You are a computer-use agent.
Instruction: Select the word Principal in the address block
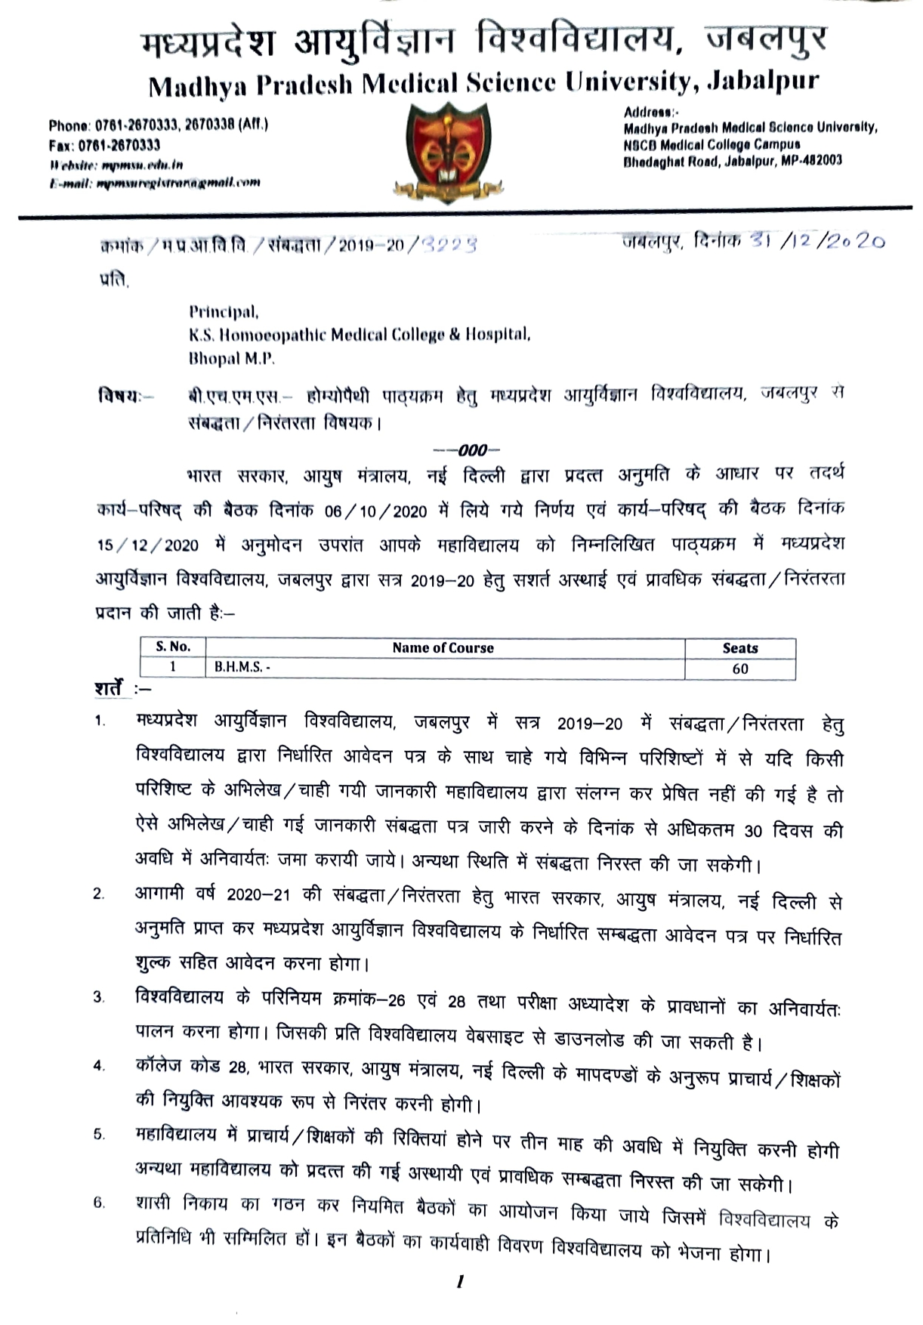[223, 311]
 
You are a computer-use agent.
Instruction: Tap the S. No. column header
[173, 647]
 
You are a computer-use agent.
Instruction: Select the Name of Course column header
[443, 647]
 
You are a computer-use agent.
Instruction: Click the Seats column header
[739, 647]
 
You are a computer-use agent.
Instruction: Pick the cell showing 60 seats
[739, 669]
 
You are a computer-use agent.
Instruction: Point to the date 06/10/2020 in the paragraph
[375, 511]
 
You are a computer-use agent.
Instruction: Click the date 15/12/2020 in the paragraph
[147, 545]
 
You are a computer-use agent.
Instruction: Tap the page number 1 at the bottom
[458, 1281]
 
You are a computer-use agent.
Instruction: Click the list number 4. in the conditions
[98, 1066]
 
